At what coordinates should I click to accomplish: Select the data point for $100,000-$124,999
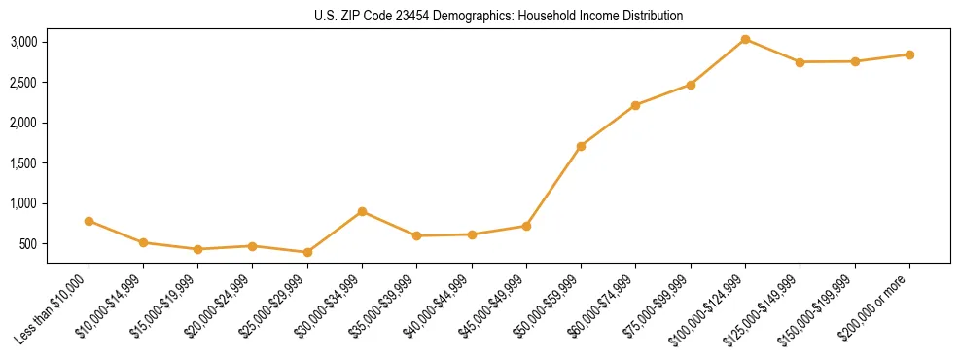[745, 39]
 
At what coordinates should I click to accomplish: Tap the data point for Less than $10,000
[89, 221]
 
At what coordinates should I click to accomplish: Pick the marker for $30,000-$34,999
[362, 211]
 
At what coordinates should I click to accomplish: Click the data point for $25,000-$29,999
[307, 252]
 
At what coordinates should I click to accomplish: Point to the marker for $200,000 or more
[909, 54]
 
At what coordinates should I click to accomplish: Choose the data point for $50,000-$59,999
[581, 146]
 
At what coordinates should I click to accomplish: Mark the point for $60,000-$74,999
[635, 105]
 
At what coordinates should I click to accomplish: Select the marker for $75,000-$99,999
[691, 85]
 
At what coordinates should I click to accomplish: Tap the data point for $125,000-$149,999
[800, 62]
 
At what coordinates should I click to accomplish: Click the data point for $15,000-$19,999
[197, 249]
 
